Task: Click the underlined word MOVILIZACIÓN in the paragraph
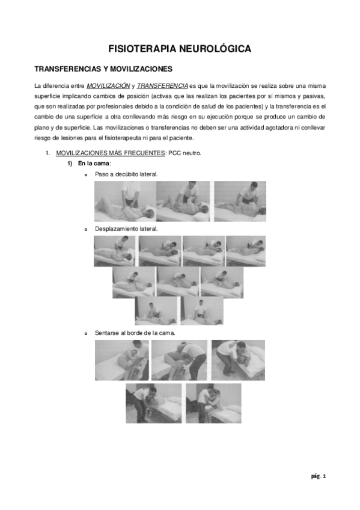[107, 86]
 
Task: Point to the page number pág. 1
[318, 476]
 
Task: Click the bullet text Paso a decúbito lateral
[126, 174]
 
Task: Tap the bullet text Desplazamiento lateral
[126, 229]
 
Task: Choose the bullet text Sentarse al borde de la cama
[135, 333]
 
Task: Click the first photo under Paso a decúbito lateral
[125, 201]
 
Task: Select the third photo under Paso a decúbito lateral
[240, 201]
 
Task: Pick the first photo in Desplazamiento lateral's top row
[114, 251]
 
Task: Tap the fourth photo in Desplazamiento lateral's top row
[245, 251]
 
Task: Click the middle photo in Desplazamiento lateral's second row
[178, 282]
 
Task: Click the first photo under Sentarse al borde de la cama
[121, 360]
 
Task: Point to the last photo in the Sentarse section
[213, 403]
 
